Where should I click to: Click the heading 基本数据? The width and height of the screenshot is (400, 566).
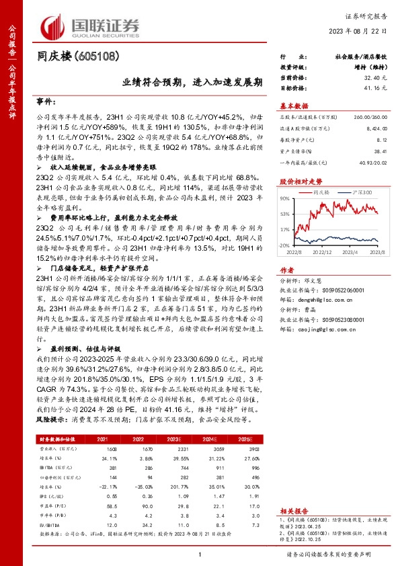295,106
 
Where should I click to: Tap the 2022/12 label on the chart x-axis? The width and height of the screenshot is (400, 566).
325,252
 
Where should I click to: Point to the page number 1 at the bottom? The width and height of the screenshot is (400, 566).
200,553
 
